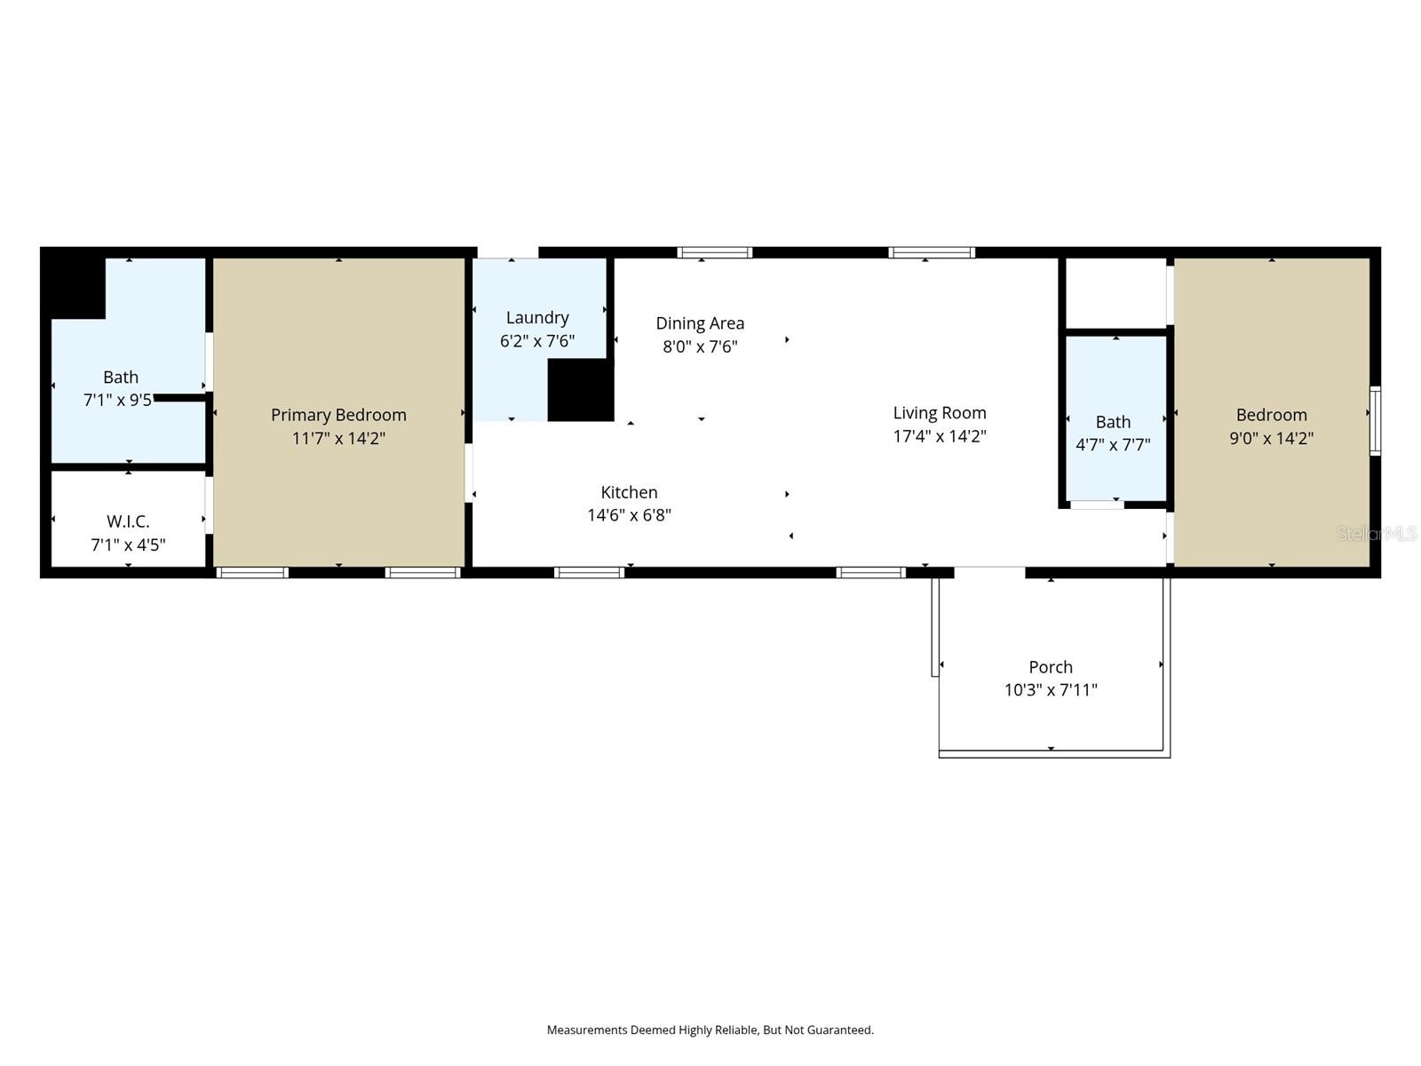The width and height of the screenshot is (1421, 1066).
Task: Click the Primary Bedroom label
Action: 338,415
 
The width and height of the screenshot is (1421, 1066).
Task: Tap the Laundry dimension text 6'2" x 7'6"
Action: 537,341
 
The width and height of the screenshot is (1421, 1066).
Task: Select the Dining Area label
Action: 700,323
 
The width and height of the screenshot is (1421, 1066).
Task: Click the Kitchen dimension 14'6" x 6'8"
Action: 629,515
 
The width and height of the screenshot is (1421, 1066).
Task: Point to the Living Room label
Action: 940,413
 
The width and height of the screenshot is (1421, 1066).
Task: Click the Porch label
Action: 1051,667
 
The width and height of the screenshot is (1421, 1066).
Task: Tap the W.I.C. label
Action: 128,521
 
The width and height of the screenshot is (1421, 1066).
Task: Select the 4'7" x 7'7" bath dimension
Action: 1113,445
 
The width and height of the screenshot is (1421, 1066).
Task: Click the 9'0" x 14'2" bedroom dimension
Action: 1271,438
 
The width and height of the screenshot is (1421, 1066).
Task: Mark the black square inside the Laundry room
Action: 581,390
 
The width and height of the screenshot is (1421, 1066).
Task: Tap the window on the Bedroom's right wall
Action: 1375,421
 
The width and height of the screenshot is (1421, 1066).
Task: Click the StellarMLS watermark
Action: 1377,534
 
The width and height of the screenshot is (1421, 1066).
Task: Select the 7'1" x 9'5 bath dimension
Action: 117,401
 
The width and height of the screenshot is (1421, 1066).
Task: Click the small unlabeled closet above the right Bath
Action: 1115,293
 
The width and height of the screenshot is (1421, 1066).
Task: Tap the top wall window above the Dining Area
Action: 715,253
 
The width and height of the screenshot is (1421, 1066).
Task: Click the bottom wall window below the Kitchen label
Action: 590,573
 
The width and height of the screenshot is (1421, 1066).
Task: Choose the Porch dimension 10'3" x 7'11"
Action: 1051,690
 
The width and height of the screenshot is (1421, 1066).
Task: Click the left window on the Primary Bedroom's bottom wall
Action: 253,573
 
